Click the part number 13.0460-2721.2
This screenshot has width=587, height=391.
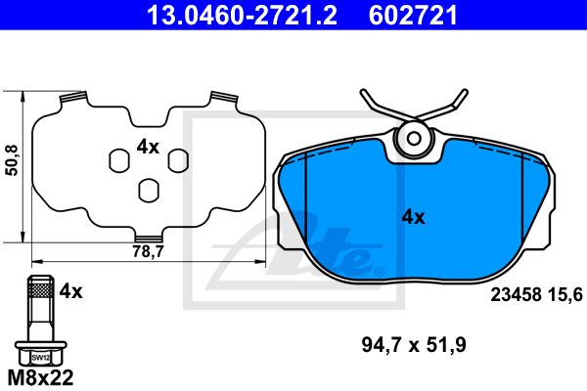[242, 16]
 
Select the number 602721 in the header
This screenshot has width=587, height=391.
[413, 16]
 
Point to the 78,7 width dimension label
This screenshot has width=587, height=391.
[149, 251]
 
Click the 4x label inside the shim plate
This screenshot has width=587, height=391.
[148, 147]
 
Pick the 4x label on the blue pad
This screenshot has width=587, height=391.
[413, 217]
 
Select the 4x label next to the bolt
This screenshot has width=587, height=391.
[70, 291]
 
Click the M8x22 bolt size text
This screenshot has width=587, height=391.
[40, 377]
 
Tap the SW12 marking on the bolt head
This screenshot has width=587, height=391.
[40, 358]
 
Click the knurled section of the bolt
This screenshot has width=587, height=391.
[40, 289]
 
